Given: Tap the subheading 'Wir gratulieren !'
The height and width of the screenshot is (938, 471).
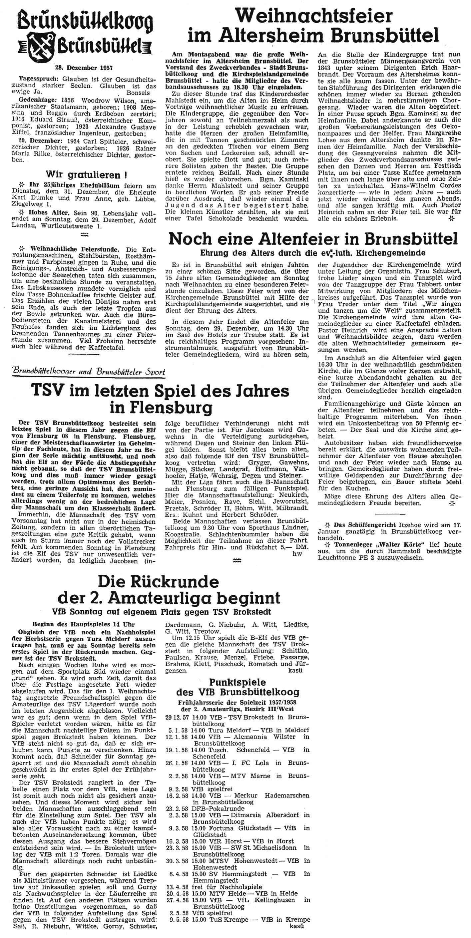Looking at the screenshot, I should pyautogui.click(x=83, y=175).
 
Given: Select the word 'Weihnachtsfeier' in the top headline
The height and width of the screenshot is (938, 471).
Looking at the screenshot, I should pyautogui.click(x=314, y=16).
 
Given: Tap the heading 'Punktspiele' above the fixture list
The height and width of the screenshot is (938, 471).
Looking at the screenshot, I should pyautogui.click(x=237, y=682).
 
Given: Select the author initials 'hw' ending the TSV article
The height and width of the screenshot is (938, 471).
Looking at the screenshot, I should pyautogui.click(x=297, y=553).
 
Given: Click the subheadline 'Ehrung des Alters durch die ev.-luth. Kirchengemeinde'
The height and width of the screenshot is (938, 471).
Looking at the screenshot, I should pyautogui.click(x=312, y=253).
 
